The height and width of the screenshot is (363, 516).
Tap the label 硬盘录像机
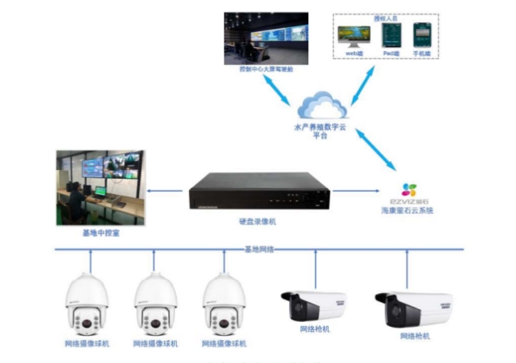pos(258,223)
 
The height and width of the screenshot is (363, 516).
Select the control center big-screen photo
pos(265,39)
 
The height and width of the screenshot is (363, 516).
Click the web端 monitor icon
pos(353,35)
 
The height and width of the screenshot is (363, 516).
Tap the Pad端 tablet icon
pos(389,34)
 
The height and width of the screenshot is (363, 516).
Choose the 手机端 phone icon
pos(422,34)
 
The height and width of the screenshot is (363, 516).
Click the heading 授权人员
pos(386,16)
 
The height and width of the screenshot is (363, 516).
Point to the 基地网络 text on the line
pos(260,249)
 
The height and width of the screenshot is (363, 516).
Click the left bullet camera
pos(312,306)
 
